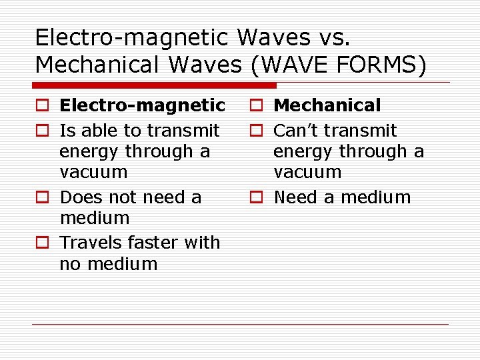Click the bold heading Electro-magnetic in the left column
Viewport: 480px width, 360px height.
(x=142, y=105)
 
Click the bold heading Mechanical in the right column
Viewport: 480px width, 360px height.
(x=327, y=105)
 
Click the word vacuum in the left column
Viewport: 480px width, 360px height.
(x=93, y=173)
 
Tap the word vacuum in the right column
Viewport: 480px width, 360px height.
(x=307, y=173)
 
